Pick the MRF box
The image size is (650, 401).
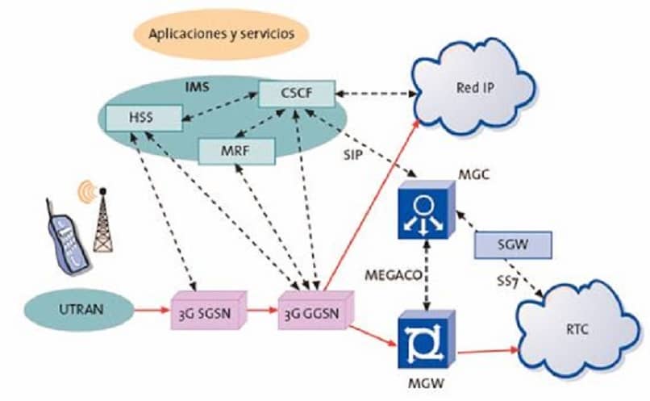coord(236,149)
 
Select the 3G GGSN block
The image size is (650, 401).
coord(310,310)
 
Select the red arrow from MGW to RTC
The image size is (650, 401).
coord(487,349)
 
